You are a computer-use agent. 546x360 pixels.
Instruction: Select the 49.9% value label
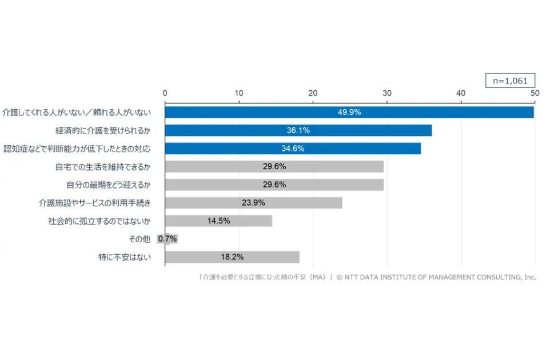(349, 113)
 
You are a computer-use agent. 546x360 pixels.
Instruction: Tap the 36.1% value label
(298, 130)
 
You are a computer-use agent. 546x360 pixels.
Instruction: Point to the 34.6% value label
(292, 149)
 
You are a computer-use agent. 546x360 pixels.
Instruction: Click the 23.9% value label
(253, 203)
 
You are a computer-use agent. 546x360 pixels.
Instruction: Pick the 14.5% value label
(218, 221)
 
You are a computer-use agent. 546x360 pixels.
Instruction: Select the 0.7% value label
(168, 239)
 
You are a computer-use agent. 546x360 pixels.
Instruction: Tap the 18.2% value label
(232, 257)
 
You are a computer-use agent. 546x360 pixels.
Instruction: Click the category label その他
(141, 239)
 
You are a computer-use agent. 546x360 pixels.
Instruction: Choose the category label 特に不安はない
(125, 257)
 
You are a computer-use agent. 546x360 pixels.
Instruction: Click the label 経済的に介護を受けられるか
(103, 131)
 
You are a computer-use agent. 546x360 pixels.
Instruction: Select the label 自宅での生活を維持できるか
(103, 167)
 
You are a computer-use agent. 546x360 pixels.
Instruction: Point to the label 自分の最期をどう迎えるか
(109, 185)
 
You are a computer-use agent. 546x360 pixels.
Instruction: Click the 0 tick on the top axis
(165, 93)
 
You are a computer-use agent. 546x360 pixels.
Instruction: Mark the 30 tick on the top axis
(387, 93)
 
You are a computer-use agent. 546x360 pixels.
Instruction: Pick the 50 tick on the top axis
(534, 93)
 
